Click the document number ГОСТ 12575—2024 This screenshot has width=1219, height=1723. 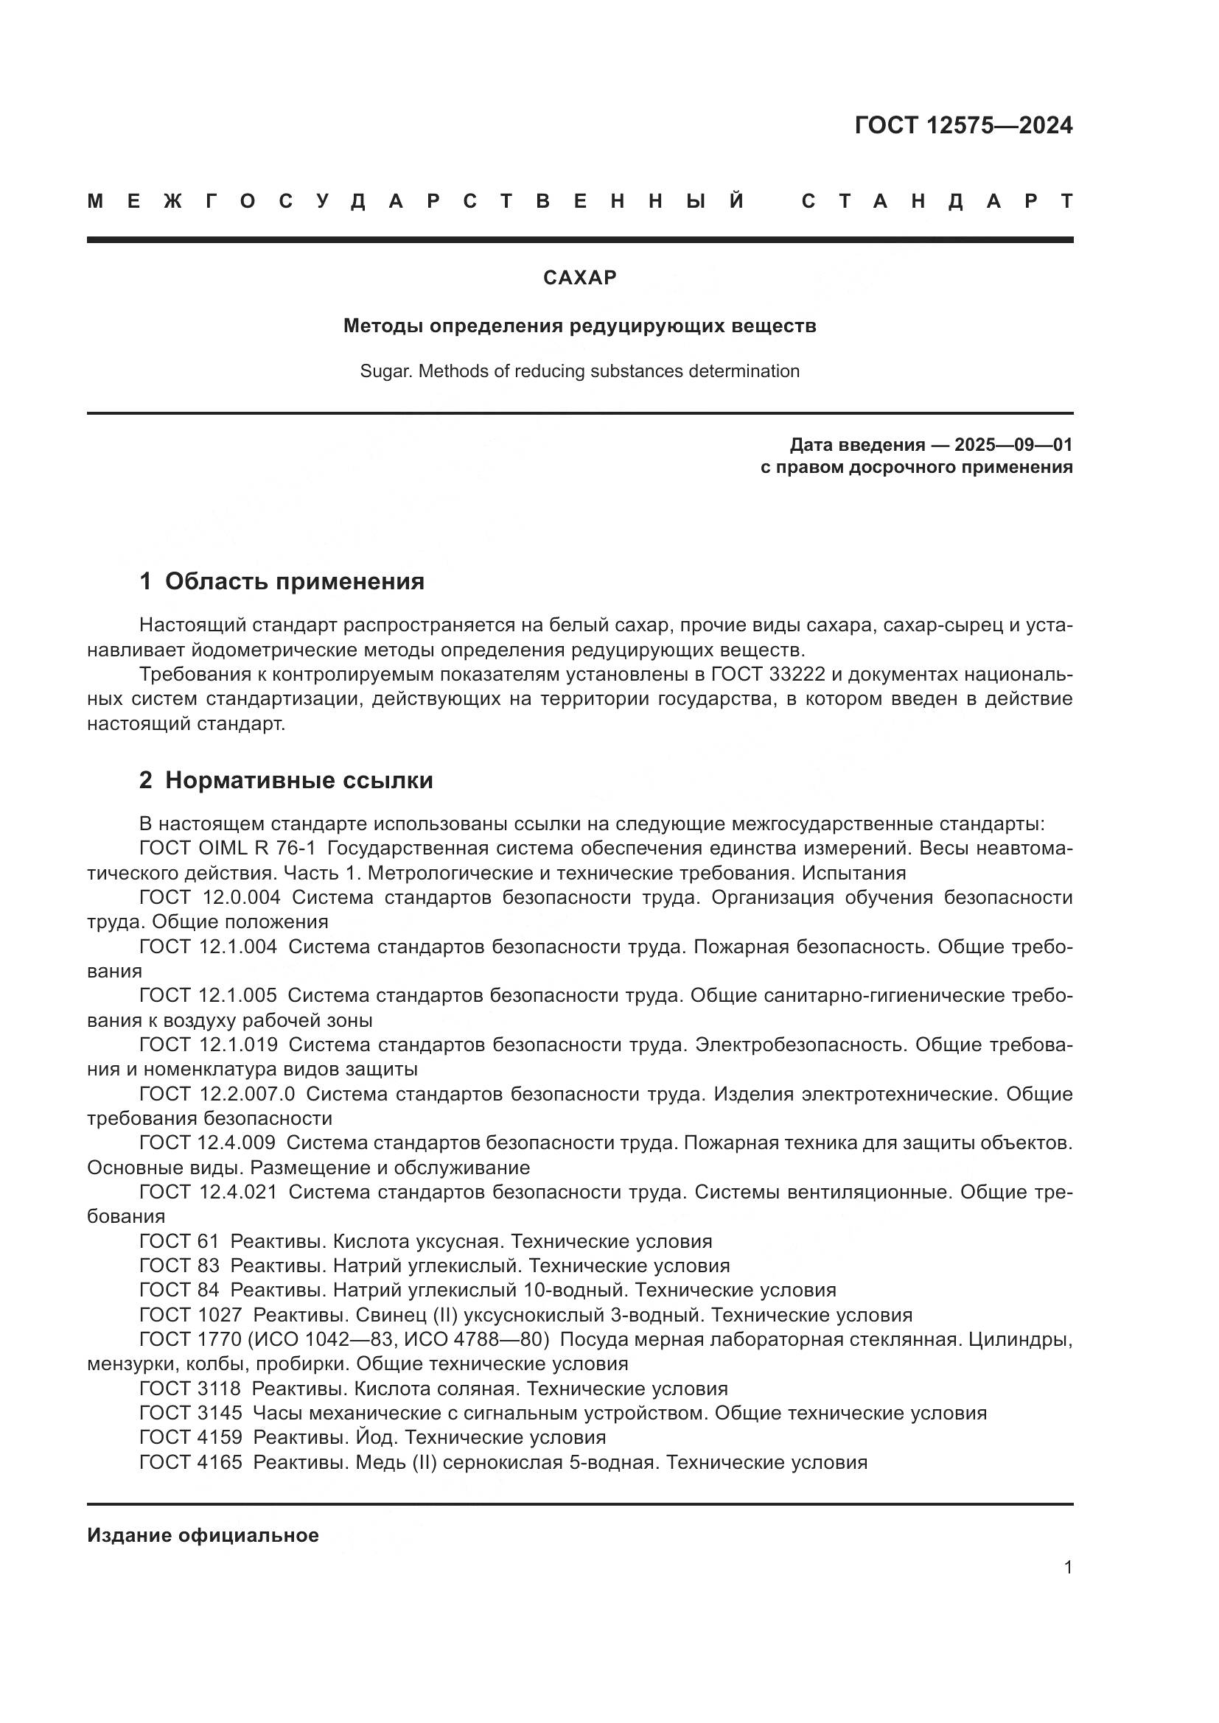point(963,125)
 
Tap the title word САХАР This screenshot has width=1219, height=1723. point(579,278)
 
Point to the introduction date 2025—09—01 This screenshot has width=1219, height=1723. point(1013,445)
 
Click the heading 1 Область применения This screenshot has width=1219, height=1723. point(282,582)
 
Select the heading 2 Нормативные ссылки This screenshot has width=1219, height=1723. point(286,780)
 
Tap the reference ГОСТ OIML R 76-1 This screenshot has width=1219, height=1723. point(228,849)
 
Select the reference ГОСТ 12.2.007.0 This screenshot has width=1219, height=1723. point(217,1094)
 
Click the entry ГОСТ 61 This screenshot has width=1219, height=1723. point(178,1241)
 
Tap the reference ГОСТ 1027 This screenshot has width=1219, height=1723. point(191,1315)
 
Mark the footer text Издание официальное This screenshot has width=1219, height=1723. point(203,1535)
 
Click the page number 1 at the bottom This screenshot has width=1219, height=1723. point(1067,1568)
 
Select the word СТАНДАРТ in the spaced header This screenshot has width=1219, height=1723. point(937,201)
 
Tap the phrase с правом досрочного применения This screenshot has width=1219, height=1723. point(916,468)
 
